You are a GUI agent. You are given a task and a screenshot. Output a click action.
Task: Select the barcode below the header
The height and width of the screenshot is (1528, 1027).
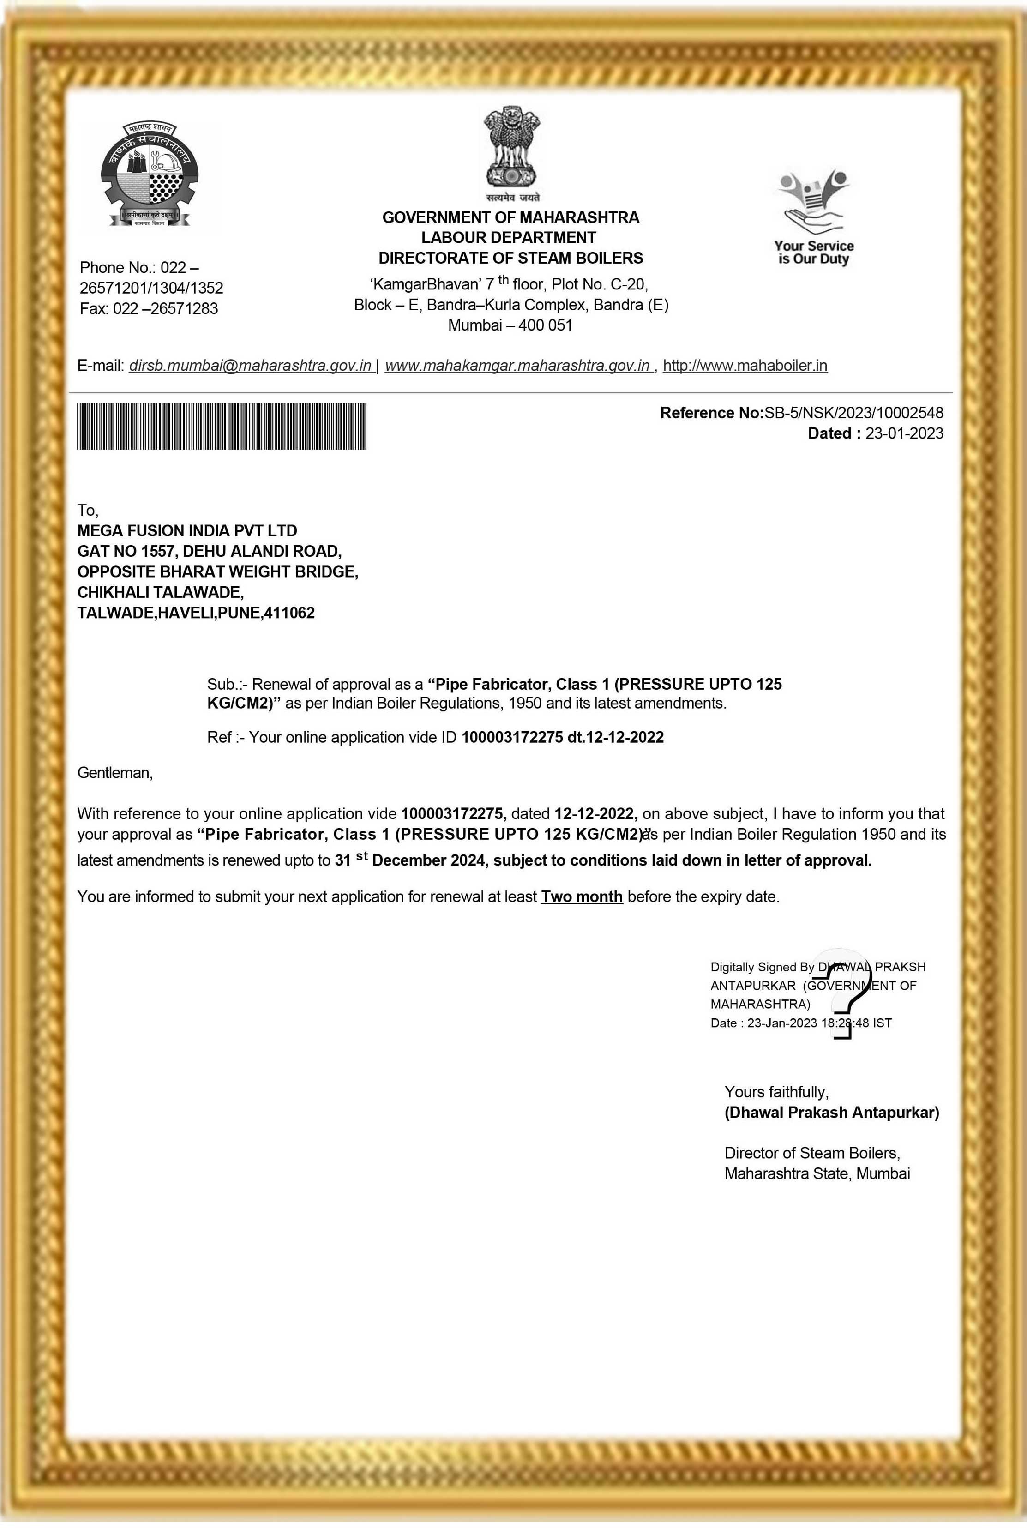coord(222,427)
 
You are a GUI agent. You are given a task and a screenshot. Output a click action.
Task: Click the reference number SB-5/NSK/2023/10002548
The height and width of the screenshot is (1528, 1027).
coord(853,413)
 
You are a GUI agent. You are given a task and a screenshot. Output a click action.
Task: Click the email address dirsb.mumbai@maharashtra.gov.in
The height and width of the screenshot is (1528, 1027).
coord(250,366)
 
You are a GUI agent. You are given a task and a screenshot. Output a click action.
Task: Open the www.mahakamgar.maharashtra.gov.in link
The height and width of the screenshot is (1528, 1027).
coord(517,366)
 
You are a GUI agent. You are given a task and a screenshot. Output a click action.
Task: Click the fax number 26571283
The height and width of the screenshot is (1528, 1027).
coord(184,308)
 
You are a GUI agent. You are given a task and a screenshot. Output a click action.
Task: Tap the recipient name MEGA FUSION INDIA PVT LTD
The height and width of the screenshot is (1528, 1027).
coord(187,530)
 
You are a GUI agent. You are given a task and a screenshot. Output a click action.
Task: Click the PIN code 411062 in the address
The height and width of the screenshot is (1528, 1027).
coord(289,613)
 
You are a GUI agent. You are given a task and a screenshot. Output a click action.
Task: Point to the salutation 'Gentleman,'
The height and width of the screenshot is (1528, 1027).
coord(114,773)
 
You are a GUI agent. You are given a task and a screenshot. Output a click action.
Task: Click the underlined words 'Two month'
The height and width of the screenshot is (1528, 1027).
coord(582,896)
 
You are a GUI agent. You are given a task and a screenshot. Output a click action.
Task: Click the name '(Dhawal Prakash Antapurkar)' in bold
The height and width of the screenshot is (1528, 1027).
coord(831,1112)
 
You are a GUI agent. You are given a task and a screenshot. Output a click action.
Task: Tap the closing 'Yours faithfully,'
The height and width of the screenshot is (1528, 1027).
coord(776,1092)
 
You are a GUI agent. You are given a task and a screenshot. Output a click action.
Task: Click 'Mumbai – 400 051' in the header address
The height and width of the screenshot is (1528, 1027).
coord(510,325)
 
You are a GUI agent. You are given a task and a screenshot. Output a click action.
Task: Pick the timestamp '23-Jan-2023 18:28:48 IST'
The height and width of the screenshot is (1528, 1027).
coord(819,1023)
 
